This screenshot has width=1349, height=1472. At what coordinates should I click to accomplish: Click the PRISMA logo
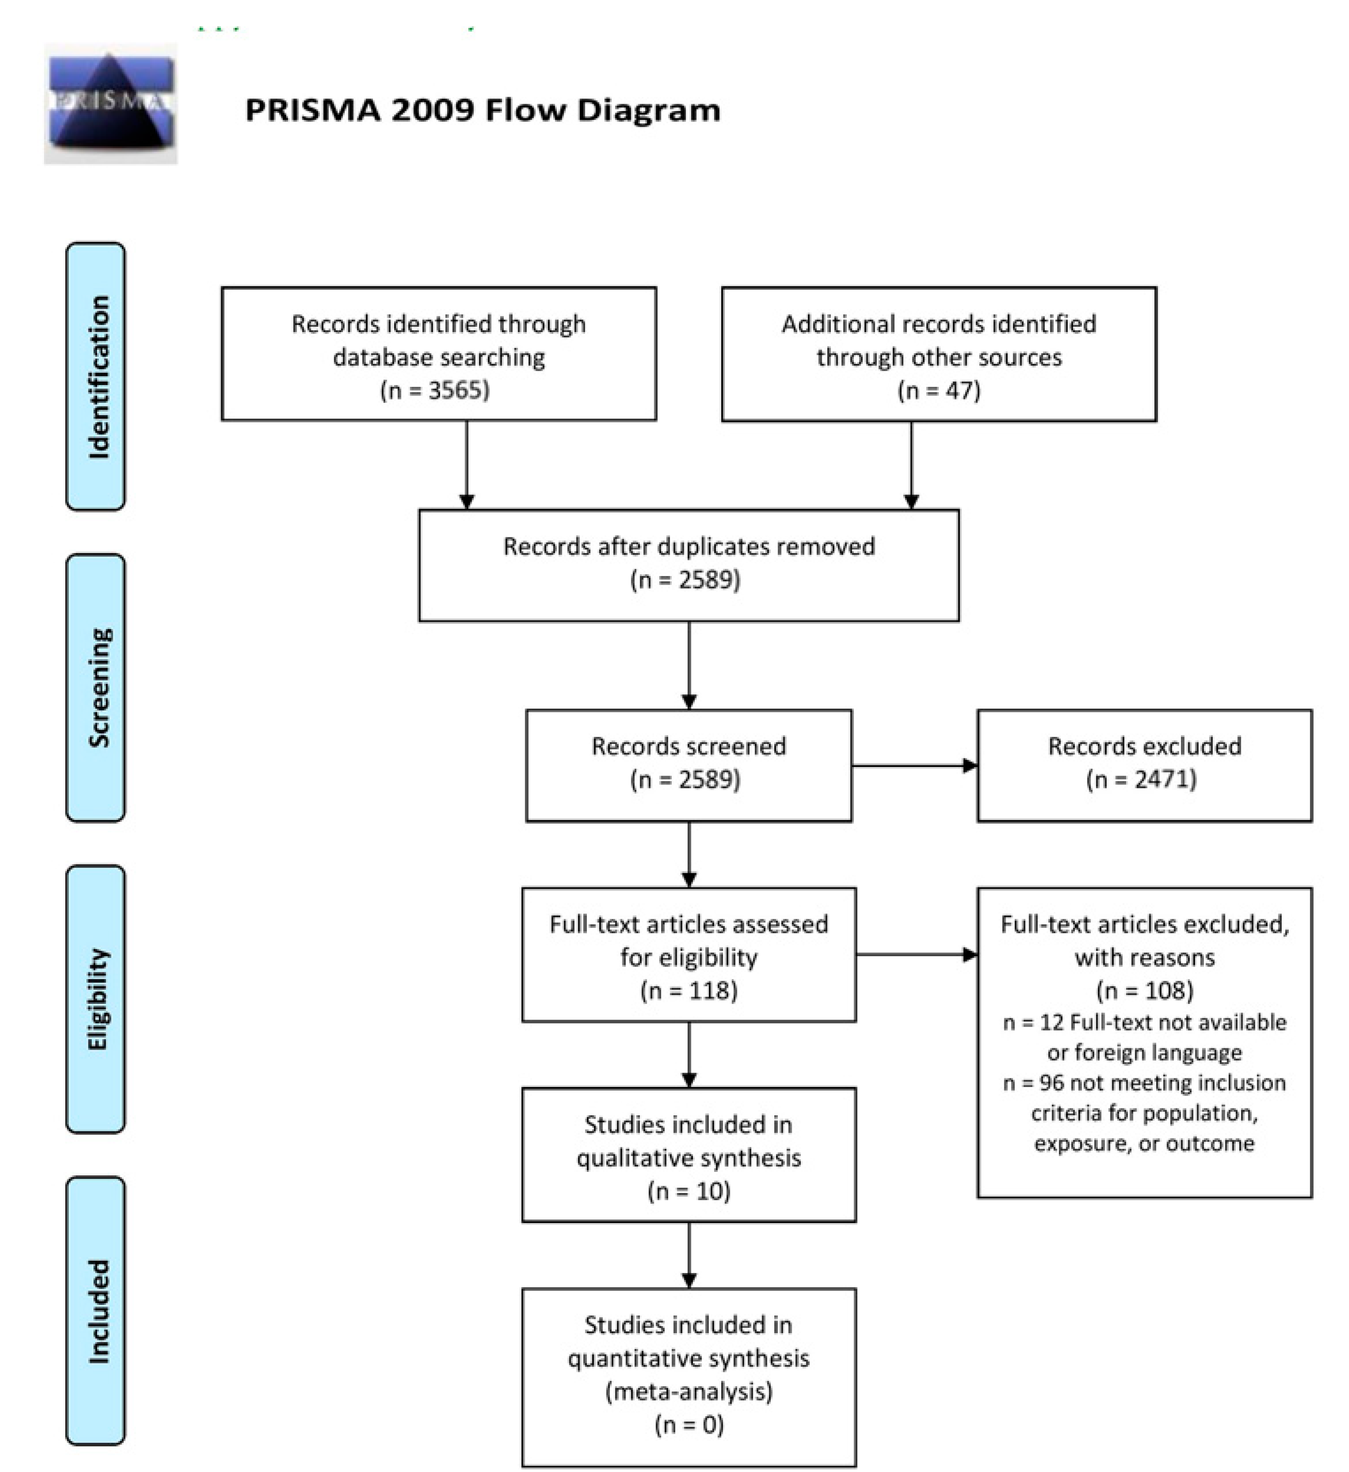click(x=110, y=103)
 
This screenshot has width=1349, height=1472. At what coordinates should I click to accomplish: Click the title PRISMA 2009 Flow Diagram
click(x=483, y=110)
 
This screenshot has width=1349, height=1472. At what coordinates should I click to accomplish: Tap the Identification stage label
click(x=96, y=376)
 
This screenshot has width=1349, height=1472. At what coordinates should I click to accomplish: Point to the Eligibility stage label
click(x=96, y=999)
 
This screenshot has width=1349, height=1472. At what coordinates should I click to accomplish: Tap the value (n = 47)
click(x=939, y=390)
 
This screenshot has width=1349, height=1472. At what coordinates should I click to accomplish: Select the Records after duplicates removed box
click(x=689, y=565)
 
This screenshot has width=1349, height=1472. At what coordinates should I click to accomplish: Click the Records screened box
click(x=689, y=765)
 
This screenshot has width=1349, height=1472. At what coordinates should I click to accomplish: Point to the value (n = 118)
click(x=689, y=991)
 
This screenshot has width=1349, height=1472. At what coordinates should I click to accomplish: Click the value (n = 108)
click(x=1145, y=991)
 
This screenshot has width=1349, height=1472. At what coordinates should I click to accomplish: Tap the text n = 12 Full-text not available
click(x=1145, y=1022)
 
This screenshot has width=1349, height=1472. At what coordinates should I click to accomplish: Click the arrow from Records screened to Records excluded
click(x=914, y=765)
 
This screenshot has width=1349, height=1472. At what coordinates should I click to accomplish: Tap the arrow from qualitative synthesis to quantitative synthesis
click(x=689, y=1255)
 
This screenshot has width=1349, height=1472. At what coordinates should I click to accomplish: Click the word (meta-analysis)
click(x=689, y=1391)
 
